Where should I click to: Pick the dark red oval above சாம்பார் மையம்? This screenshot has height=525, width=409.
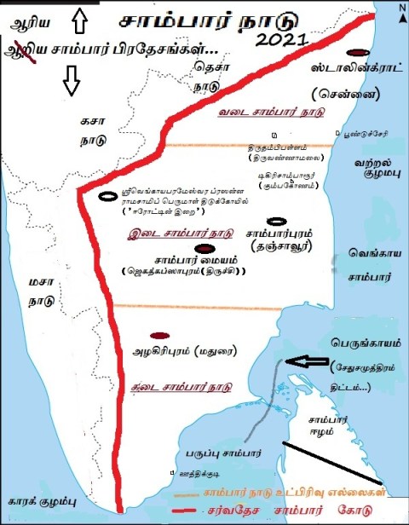pyautogui.click(x=204, y=248)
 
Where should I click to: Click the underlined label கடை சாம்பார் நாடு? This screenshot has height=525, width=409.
pyautogui.click(x=181, y=385)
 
